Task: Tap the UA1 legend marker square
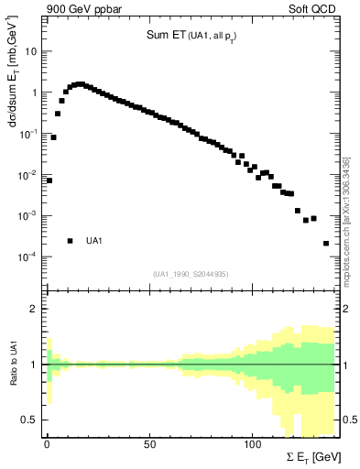[70, 241]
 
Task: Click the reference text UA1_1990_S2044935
[191, 274]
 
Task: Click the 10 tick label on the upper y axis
[31, 51]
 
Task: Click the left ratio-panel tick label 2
[35, 309]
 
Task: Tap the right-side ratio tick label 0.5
[349, 420]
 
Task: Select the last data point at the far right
[326, 243]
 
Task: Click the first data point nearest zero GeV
[49, 180]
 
